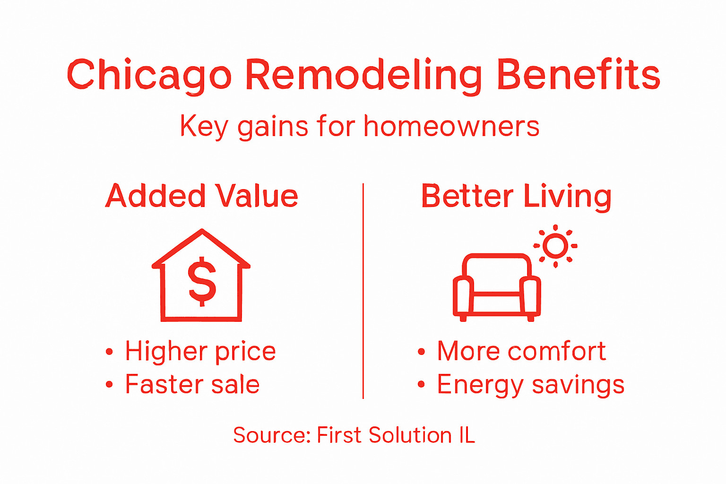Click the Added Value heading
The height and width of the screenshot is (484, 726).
(x=202, y=196)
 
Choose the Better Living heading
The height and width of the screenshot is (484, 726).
(x=516, y=196)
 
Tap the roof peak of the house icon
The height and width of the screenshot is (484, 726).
(x=202, y=232)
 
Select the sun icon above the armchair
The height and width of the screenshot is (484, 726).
(x=555, y=246)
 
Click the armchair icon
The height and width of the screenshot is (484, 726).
(x=496, y=288)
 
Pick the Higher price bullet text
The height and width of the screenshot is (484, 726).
(x=200, y=351)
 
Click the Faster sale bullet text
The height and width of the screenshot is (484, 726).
(x=192, y=384)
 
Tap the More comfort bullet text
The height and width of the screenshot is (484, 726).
(x=521, y=351)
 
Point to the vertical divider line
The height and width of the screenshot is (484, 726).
(x=363, y=291)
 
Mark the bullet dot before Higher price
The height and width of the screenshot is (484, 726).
(x=110, y=352)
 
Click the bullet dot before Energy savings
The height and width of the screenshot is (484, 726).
(x=421, y=385)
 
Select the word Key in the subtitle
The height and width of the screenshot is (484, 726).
(x=204, y=127)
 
